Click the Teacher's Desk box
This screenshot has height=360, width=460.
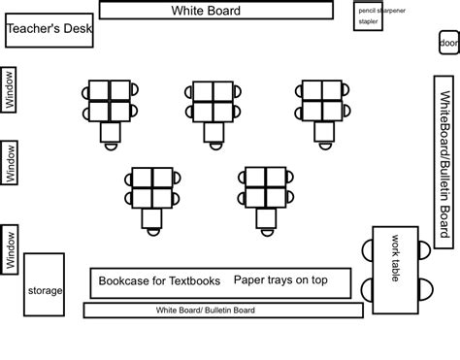49,30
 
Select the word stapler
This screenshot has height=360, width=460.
369,20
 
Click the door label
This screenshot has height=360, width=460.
448,44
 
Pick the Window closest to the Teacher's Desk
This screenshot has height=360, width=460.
10,88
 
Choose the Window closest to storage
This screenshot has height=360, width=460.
10,249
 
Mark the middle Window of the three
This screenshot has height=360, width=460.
10,163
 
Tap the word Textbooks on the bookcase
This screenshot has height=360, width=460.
187,281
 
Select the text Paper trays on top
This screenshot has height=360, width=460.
280,280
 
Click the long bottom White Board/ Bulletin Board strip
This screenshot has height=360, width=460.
223,311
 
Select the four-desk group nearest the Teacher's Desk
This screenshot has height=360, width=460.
108,100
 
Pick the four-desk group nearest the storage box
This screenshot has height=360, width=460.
152,186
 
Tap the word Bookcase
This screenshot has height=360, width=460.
121,281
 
